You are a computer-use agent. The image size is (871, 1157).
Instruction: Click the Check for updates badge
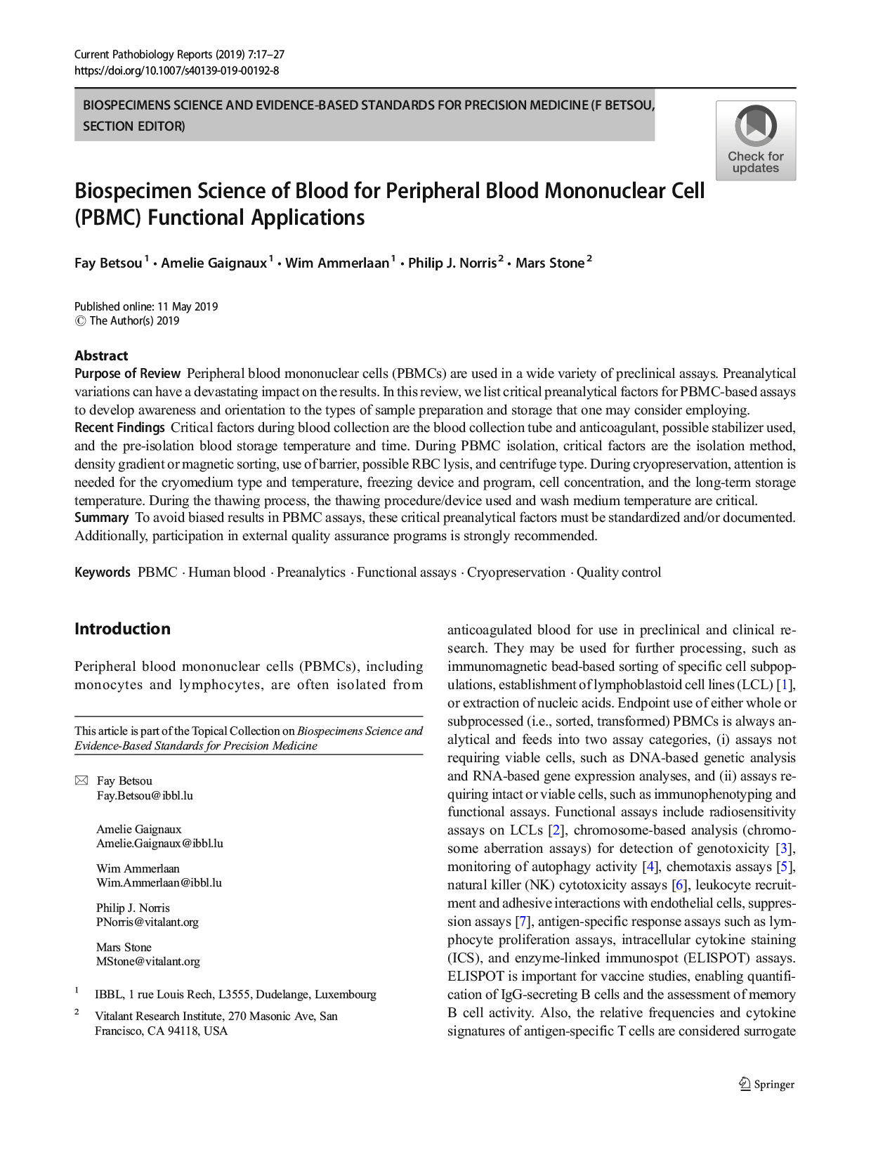pyautogui.click(x=755, y=140)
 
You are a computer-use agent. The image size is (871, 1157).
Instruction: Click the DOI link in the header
pyautogui.click(x=176, y=70)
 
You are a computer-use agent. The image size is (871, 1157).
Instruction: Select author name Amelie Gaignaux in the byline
pyautogui.click(x=214, y=263)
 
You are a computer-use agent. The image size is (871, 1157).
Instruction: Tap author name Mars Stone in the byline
pyautogui.click(x=549, y=263)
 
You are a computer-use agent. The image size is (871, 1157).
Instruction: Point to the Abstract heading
pyautogui.click(x=101, y=355)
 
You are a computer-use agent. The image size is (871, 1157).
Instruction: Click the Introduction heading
pyautogui.click(x=122, y=629)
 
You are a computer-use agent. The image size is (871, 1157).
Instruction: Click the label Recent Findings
pyautogui.click(x=119, y=428)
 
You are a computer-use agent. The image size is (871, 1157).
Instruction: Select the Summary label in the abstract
pyautogui.click(x=101, y=518)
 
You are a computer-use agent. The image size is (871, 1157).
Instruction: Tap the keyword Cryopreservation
pyautogui.click(x=516, y=573)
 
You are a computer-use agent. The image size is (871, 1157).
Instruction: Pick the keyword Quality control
pyautogui.click(x=618, y=573)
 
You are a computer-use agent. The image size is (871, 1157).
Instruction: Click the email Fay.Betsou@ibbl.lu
pyautogui.click(x=145, y=796)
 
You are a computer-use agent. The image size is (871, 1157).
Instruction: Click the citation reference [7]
pyautogui.click(x=522, y=922)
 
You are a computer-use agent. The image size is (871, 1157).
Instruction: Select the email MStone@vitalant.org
pyautogui.click(x=148, y=962)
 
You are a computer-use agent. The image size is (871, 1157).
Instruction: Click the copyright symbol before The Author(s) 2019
pyautogui.click(x=80, y=321)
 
